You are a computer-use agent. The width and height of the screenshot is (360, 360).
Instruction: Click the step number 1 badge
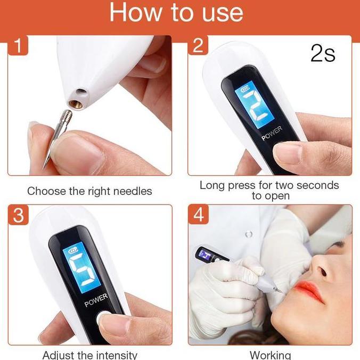[18, 45]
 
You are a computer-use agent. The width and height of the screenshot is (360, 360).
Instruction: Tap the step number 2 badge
[198, 45]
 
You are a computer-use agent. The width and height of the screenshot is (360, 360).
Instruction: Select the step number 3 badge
[18, 215]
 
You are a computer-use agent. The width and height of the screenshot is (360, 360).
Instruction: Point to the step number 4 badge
[198, 215]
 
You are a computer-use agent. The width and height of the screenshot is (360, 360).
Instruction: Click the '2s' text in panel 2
[323, 53]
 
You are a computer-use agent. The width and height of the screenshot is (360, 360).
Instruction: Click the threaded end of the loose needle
[67, 117]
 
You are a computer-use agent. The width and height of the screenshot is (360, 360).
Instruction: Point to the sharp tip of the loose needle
[44, 167]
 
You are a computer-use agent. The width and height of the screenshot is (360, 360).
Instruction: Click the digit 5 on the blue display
[82, 270]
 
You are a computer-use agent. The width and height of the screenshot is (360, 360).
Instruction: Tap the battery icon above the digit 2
[245, 88]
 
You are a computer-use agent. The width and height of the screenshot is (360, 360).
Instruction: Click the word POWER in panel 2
[272, 133]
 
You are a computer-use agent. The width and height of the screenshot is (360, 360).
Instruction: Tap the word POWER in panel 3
[96, 300]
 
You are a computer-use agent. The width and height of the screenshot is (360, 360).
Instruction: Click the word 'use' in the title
[222, 13]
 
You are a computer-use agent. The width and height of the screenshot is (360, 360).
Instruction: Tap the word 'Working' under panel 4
[270, 355]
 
